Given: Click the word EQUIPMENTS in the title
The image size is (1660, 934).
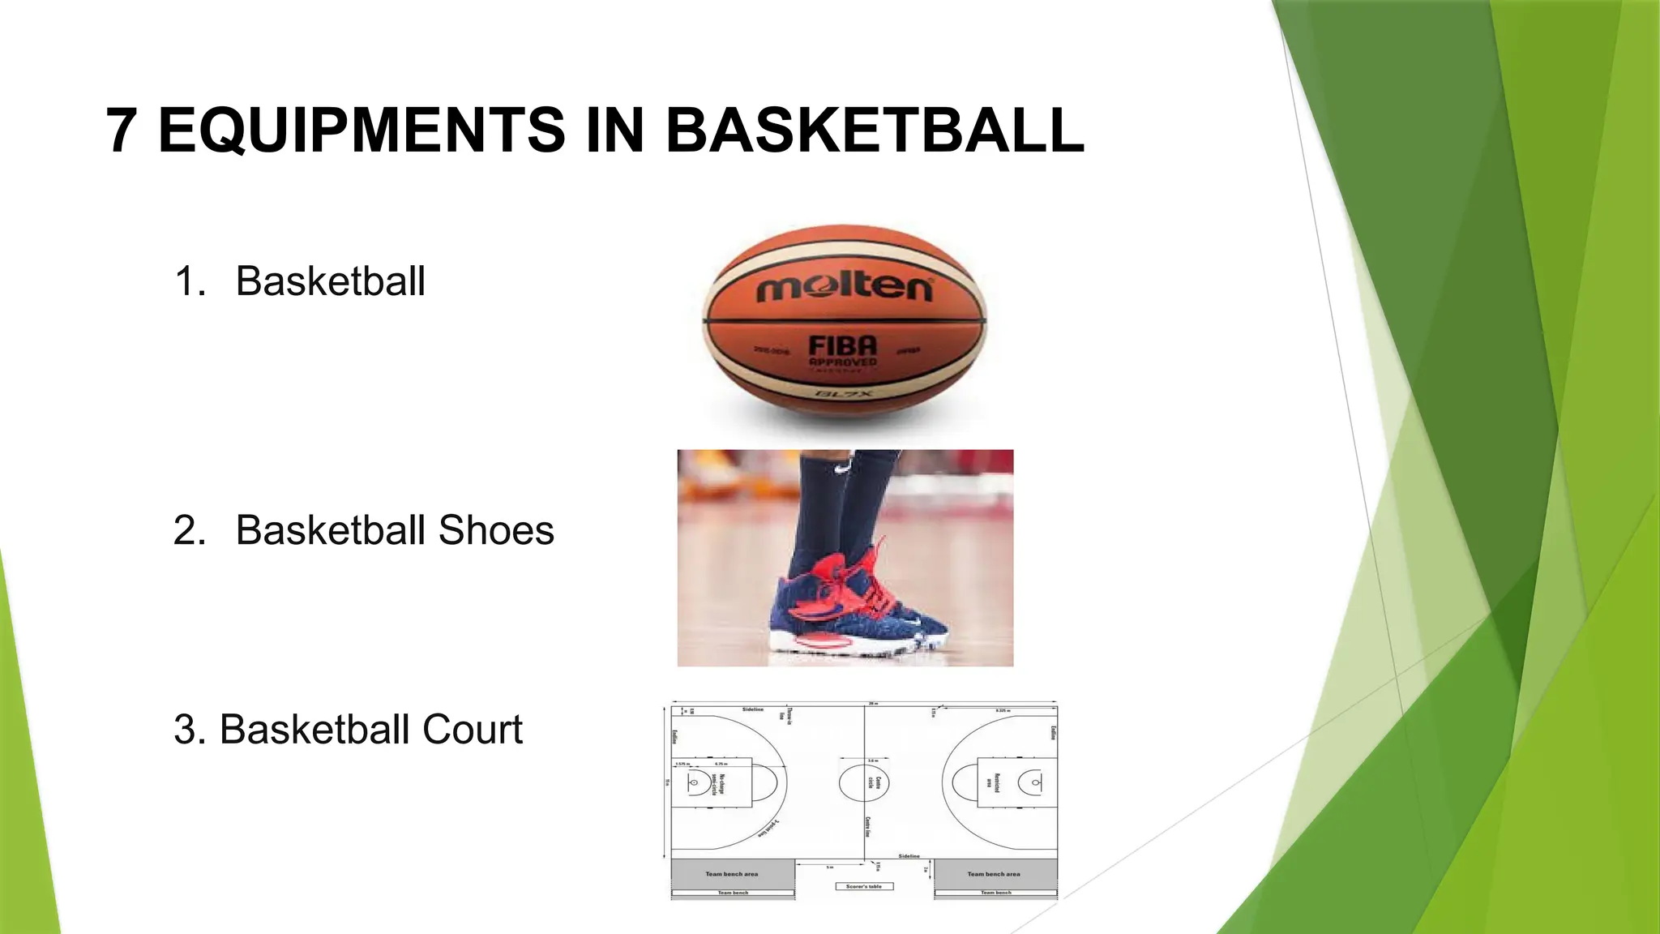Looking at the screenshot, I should (x=362, y=130).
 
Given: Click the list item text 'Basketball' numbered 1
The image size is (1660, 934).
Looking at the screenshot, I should (x=330, y=281).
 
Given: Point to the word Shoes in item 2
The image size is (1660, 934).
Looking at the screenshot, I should (x=496, y=530).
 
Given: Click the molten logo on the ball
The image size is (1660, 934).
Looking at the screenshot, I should (x=844, y=288).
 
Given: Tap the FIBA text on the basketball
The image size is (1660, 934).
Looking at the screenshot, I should (x=843, y=346).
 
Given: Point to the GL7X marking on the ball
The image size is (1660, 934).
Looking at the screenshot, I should (x=843, y=394).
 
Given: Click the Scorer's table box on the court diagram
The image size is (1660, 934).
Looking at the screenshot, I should (x=864, y=886).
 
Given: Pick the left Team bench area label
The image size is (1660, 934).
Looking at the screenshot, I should (x=732, y=874).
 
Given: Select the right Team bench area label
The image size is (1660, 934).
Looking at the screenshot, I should (x=994, y=874).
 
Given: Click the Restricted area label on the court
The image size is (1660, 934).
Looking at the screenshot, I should (x=993, y=782).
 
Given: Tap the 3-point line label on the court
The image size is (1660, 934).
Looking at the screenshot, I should (x=768, y=829).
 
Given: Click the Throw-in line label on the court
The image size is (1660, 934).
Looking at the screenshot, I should (x=785, y=714).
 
